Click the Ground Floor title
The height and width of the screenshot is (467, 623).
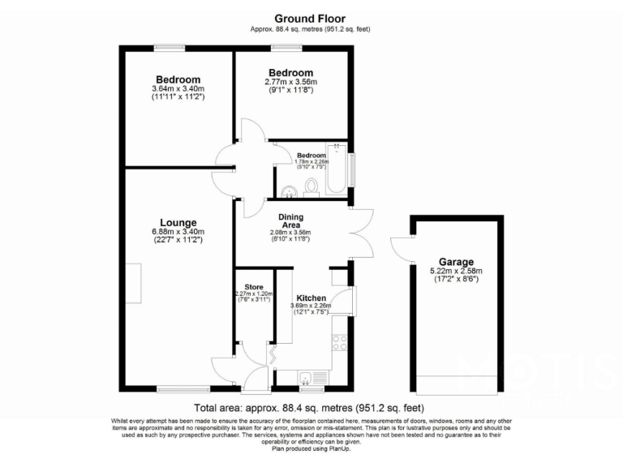[311, 18]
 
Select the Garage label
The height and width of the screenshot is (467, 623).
[458, 262]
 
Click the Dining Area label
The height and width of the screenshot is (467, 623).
[291, 221]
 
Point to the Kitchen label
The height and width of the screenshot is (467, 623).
[312, 297]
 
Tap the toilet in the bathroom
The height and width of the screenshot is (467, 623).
[312, 187]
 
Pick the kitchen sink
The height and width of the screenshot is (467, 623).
[307, 378]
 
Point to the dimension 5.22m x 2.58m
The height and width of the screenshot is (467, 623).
[458, 271]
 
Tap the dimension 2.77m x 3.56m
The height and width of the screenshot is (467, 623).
[290, 82]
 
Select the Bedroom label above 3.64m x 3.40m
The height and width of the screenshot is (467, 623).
[177, 79]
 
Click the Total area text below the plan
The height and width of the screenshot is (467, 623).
[310, 408]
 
